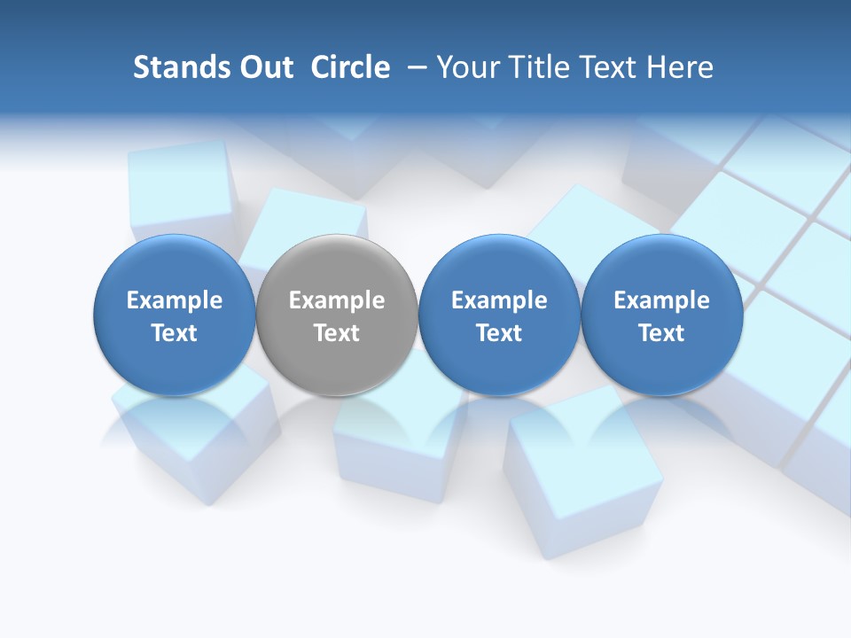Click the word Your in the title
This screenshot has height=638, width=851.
[470, 67]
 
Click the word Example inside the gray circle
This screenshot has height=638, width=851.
[337, 301]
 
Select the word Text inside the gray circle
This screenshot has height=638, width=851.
[337, 334]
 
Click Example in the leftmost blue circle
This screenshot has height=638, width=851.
[175, 301]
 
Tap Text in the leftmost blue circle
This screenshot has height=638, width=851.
[175, 334]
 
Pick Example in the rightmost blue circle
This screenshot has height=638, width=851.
[662, 301]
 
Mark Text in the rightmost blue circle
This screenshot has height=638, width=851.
[662, 334]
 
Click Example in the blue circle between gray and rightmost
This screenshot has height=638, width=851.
[499, 301]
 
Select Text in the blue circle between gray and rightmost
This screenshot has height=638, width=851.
[499, 334]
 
